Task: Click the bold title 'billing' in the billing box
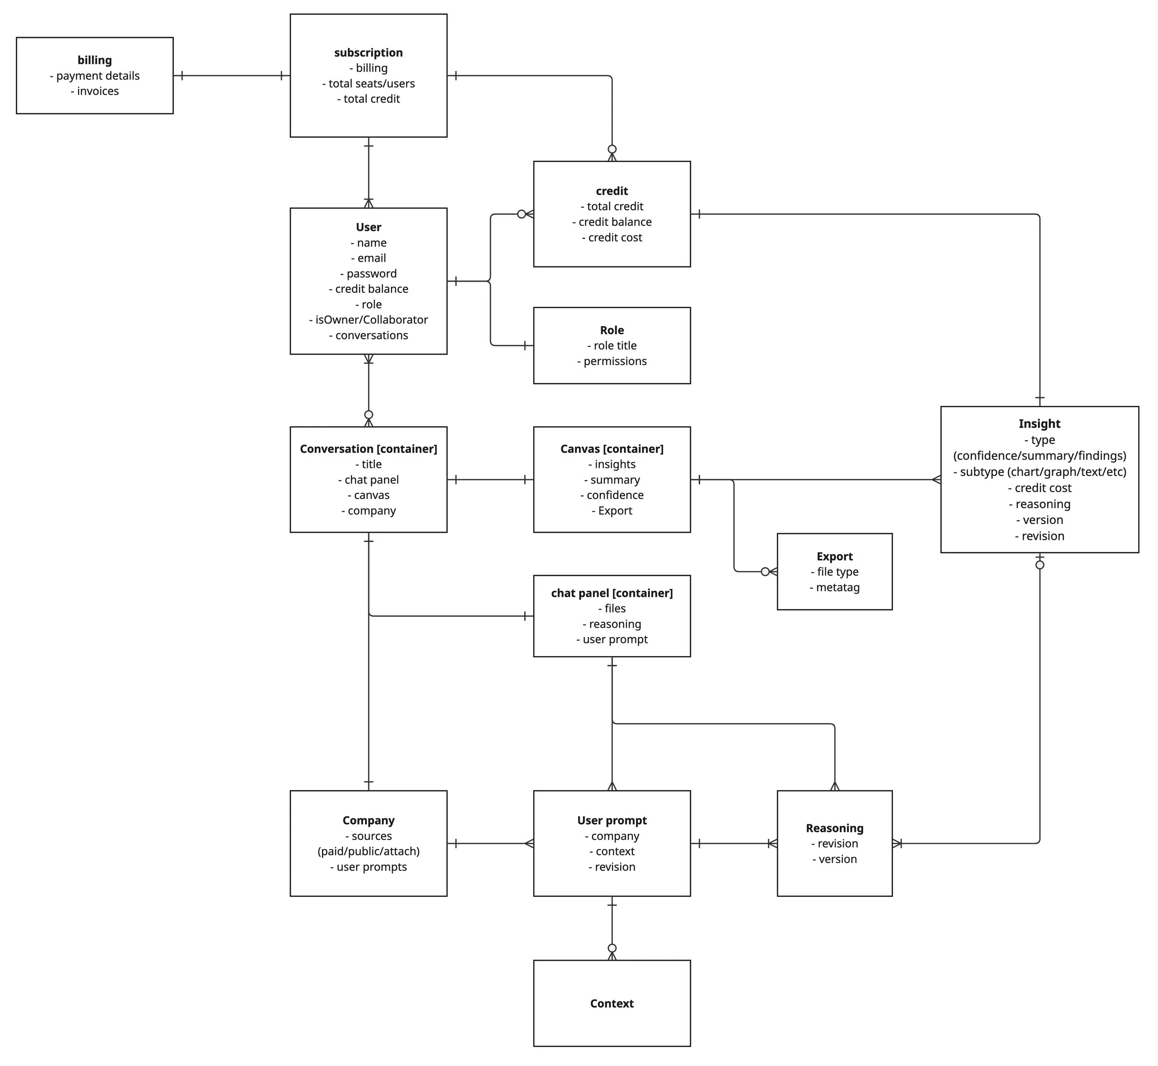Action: pos(94,60)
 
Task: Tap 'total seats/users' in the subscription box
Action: pos(369,84)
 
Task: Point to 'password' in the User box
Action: pos(369,273)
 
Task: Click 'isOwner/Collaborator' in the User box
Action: pos(369,320)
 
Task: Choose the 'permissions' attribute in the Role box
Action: pos(612,361)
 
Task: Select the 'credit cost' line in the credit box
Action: pos(612,238)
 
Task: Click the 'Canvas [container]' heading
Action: pos(612,449)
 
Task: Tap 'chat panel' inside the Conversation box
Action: pos(369,480)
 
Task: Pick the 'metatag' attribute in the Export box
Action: pos(835,587)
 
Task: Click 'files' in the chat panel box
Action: pos(612,609)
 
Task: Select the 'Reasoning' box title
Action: pos(835,828)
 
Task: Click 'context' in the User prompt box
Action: pos(612,852)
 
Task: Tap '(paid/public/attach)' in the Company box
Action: pos(369,852)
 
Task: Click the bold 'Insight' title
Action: pos(1039,424)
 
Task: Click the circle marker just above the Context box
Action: pos(612,948)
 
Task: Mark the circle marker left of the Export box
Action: pos(765,572)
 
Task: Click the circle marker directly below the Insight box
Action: pos(1040,565)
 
